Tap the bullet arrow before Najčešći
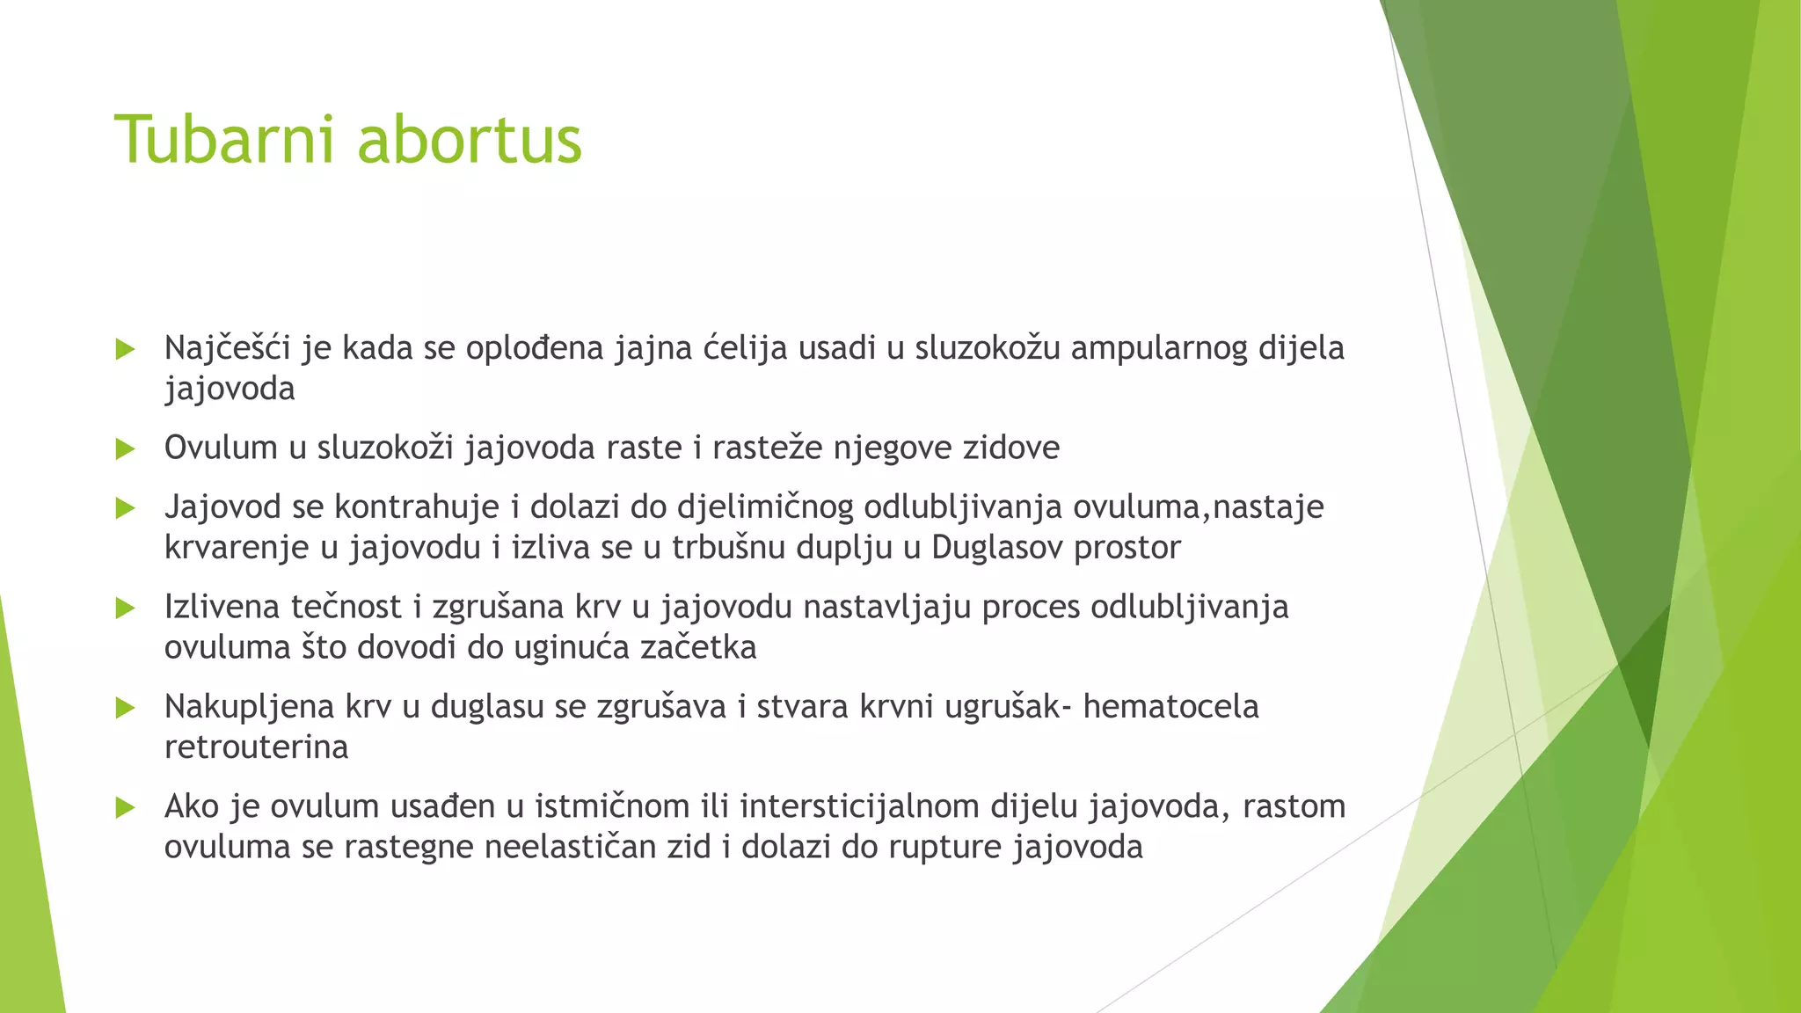pos(125,349)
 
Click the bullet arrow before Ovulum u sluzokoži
pos(125,449)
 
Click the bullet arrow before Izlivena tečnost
pos(125,608)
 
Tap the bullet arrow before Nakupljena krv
pos(125,707)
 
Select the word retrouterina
pos(256,747)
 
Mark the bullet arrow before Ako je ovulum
pos(125,807)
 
